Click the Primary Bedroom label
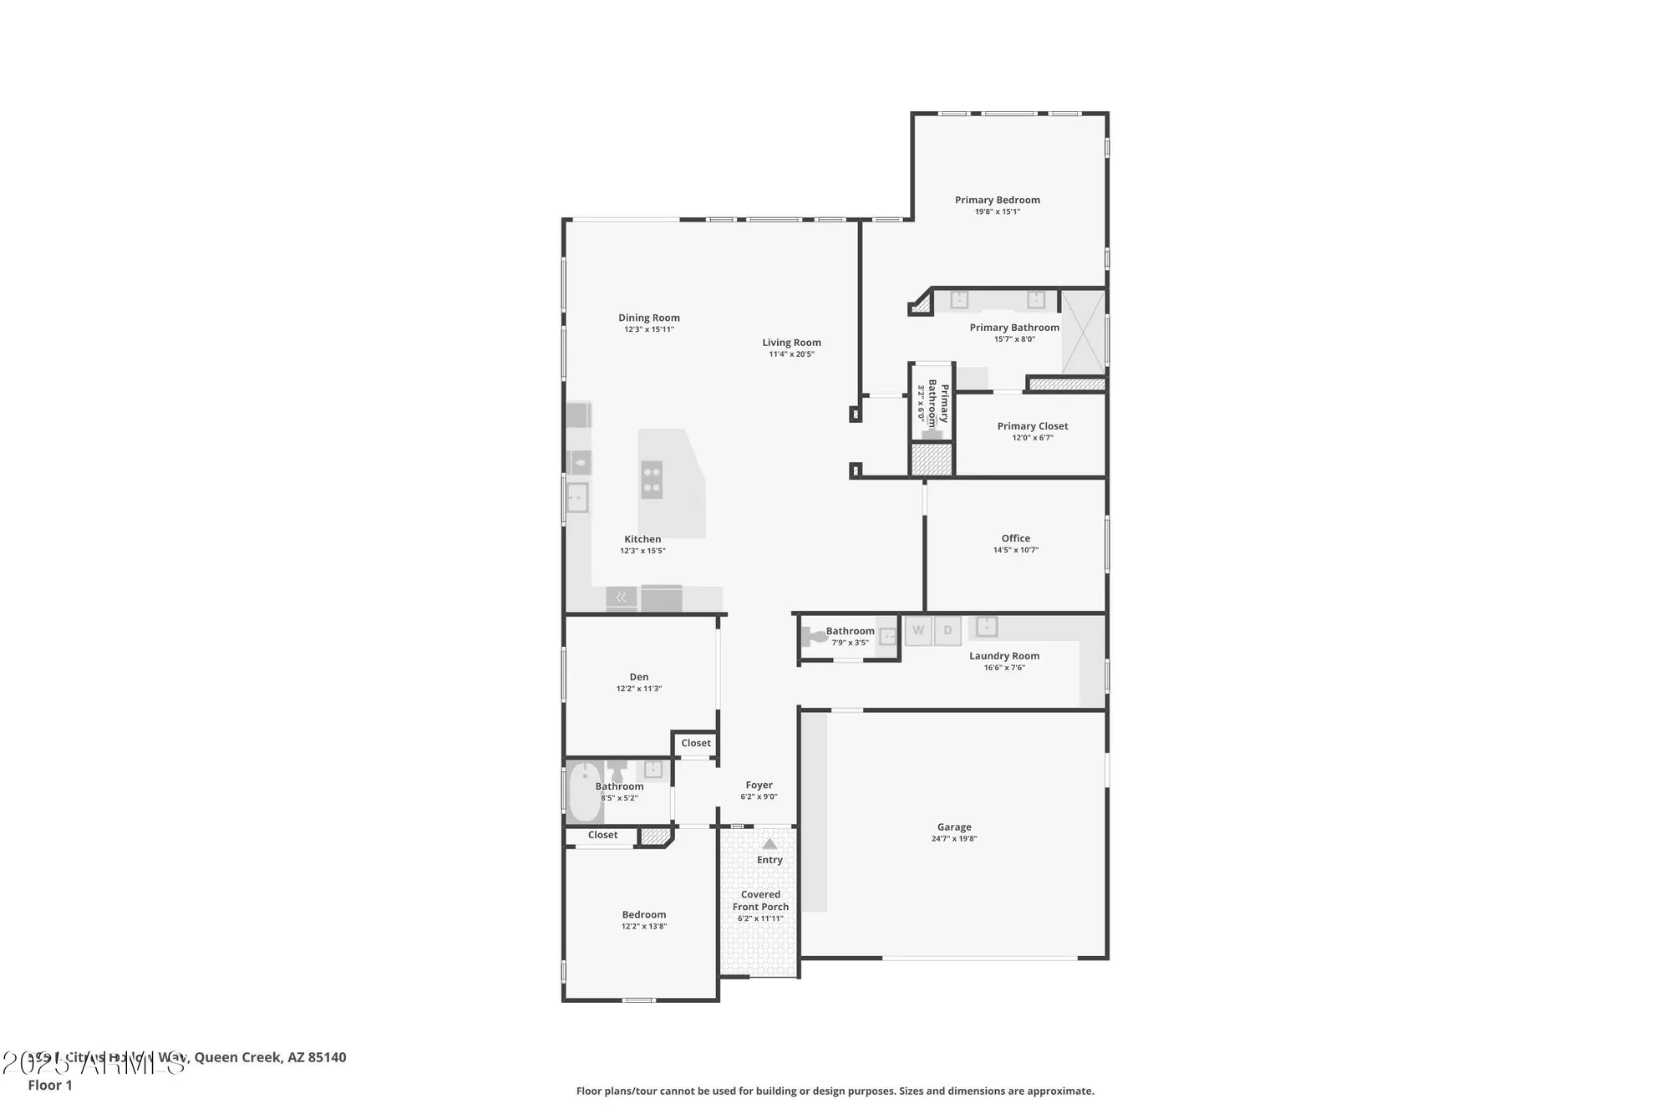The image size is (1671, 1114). pyautogui.click(x=997, y=200)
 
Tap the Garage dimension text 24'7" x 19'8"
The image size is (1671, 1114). pyautogui.click(x=953, y=838)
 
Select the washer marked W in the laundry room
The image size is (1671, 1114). pyautogui.click(x=918, y=631)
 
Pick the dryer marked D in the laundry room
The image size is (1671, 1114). pyautogui.click(x=947, y=631)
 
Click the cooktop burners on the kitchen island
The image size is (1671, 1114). pyautogui.click(x=652, y=480)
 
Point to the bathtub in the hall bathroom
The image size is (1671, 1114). pyautogui.click(x=585, y=791)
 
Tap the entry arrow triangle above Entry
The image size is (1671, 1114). pyautogui.click(x=769, y=844)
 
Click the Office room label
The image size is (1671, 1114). pyautogui.click(x=1015, y=538)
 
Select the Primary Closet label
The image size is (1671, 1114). pyautogui.click(x=1032, y=426)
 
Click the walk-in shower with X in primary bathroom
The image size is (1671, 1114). pyautogui.click(x=1083, y=332)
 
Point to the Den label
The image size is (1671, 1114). pyautogui.click(x=638, y=677)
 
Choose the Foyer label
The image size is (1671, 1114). pyautogui.click(x=759, y=785)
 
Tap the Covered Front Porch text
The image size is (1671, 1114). pyautogui.click(x=760, y=900)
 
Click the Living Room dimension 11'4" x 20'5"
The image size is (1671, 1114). pyautogui.click(x=791, y=354)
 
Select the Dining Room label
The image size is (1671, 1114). pyautogui.click(x=648, y=318)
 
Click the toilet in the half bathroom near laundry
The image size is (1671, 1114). pyautogui.click(x=813, y=638)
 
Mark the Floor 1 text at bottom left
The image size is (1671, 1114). pyautogui.click(x=50, y=1085)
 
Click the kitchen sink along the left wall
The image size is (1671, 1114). pyautogui.click(x=576, y=498)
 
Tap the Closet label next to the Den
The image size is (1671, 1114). pyautogui.click(x=695, y=743)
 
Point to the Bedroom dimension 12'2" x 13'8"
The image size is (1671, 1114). pyautogui.click(x=643, y=926)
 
